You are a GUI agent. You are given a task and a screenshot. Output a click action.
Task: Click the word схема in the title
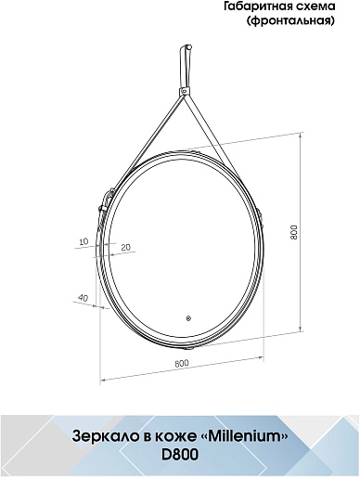[x=320, y=6]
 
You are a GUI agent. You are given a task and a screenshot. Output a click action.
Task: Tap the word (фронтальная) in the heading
[x=290, y=20]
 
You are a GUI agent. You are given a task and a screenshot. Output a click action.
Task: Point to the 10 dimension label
[x=84, y=241]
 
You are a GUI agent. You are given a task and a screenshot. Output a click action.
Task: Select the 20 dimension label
[x=126, y=247]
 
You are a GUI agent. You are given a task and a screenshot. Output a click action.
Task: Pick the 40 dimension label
[x=84, y=298]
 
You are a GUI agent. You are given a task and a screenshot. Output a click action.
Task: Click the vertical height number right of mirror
[x=293, y=231]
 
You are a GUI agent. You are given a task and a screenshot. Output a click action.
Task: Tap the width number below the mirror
[x=182, y=363]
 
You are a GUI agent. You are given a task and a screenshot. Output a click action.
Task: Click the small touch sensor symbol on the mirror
[x=188, y=317]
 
